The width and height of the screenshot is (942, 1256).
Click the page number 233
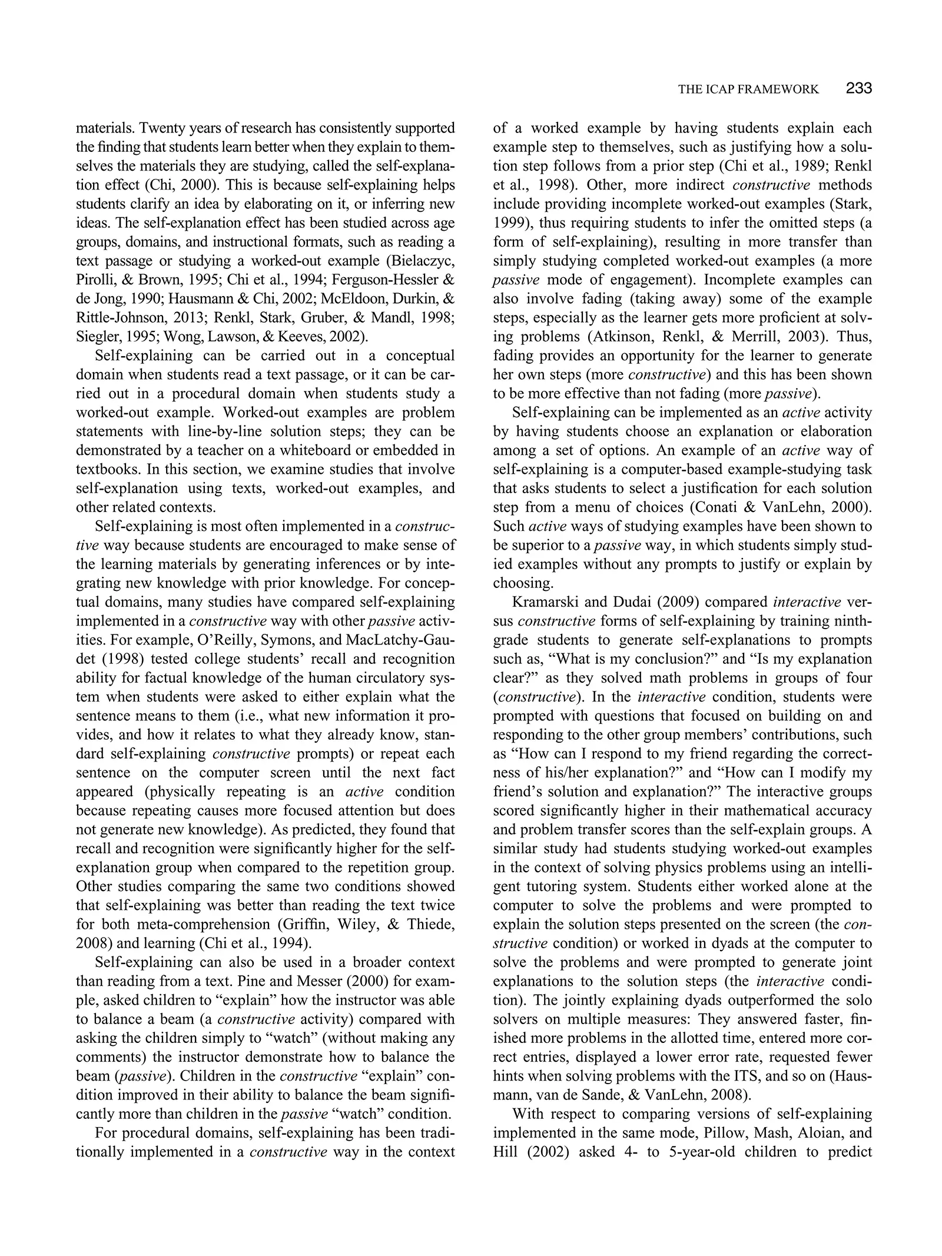point(858,89)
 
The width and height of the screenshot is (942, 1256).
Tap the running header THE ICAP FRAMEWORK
point(748,89)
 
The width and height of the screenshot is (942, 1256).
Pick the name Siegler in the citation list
point(97,337)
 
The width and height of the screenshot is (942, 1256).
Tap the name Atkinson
point(619,337)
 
